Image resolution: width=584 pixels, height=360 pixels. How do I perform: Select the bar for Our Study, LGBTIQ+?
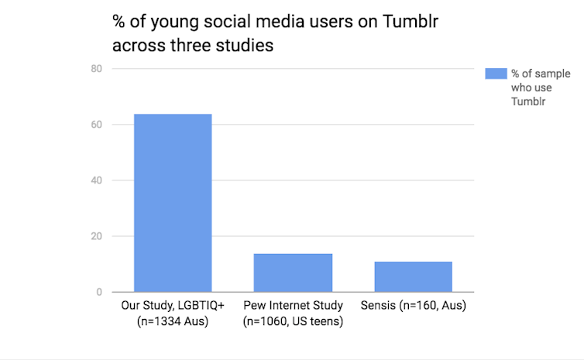(x=173, y=203)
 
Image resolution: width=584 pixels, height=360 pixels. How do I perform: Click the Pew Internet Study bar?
(x=293, y=273)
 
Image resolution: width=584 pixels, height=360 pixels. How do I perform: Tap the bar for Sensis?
(x=413, y=276)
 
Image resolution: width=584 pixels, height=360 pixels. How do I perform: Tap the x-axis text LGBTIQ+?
(x=195, y=306)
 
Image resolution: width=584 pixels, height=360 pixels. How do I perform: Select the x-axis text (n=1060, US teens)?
(x=293, y=320)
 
